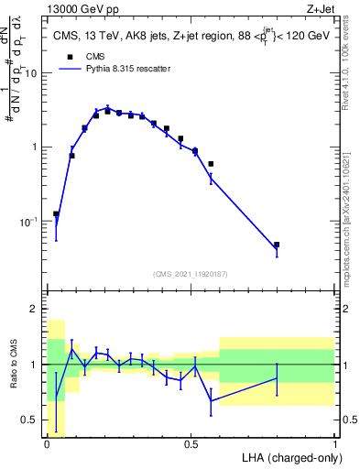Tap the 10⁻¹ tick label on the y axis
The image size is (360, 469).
[x=30, y=222]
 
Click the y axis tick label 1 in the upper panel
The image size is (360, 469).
[x=37, y=147]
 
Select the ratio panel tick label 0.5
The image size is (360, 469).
[x=32, y=420]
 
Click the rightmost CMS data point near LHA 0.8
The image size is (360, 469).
[x=277, y=245]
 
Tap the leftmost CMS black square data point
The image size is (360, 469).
[x=57, y=213]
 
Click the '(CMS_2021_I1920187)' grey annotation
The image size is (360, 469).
[x=190, y=274]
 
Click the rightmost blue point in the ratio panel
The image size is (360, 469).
[x=277, y=378]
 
